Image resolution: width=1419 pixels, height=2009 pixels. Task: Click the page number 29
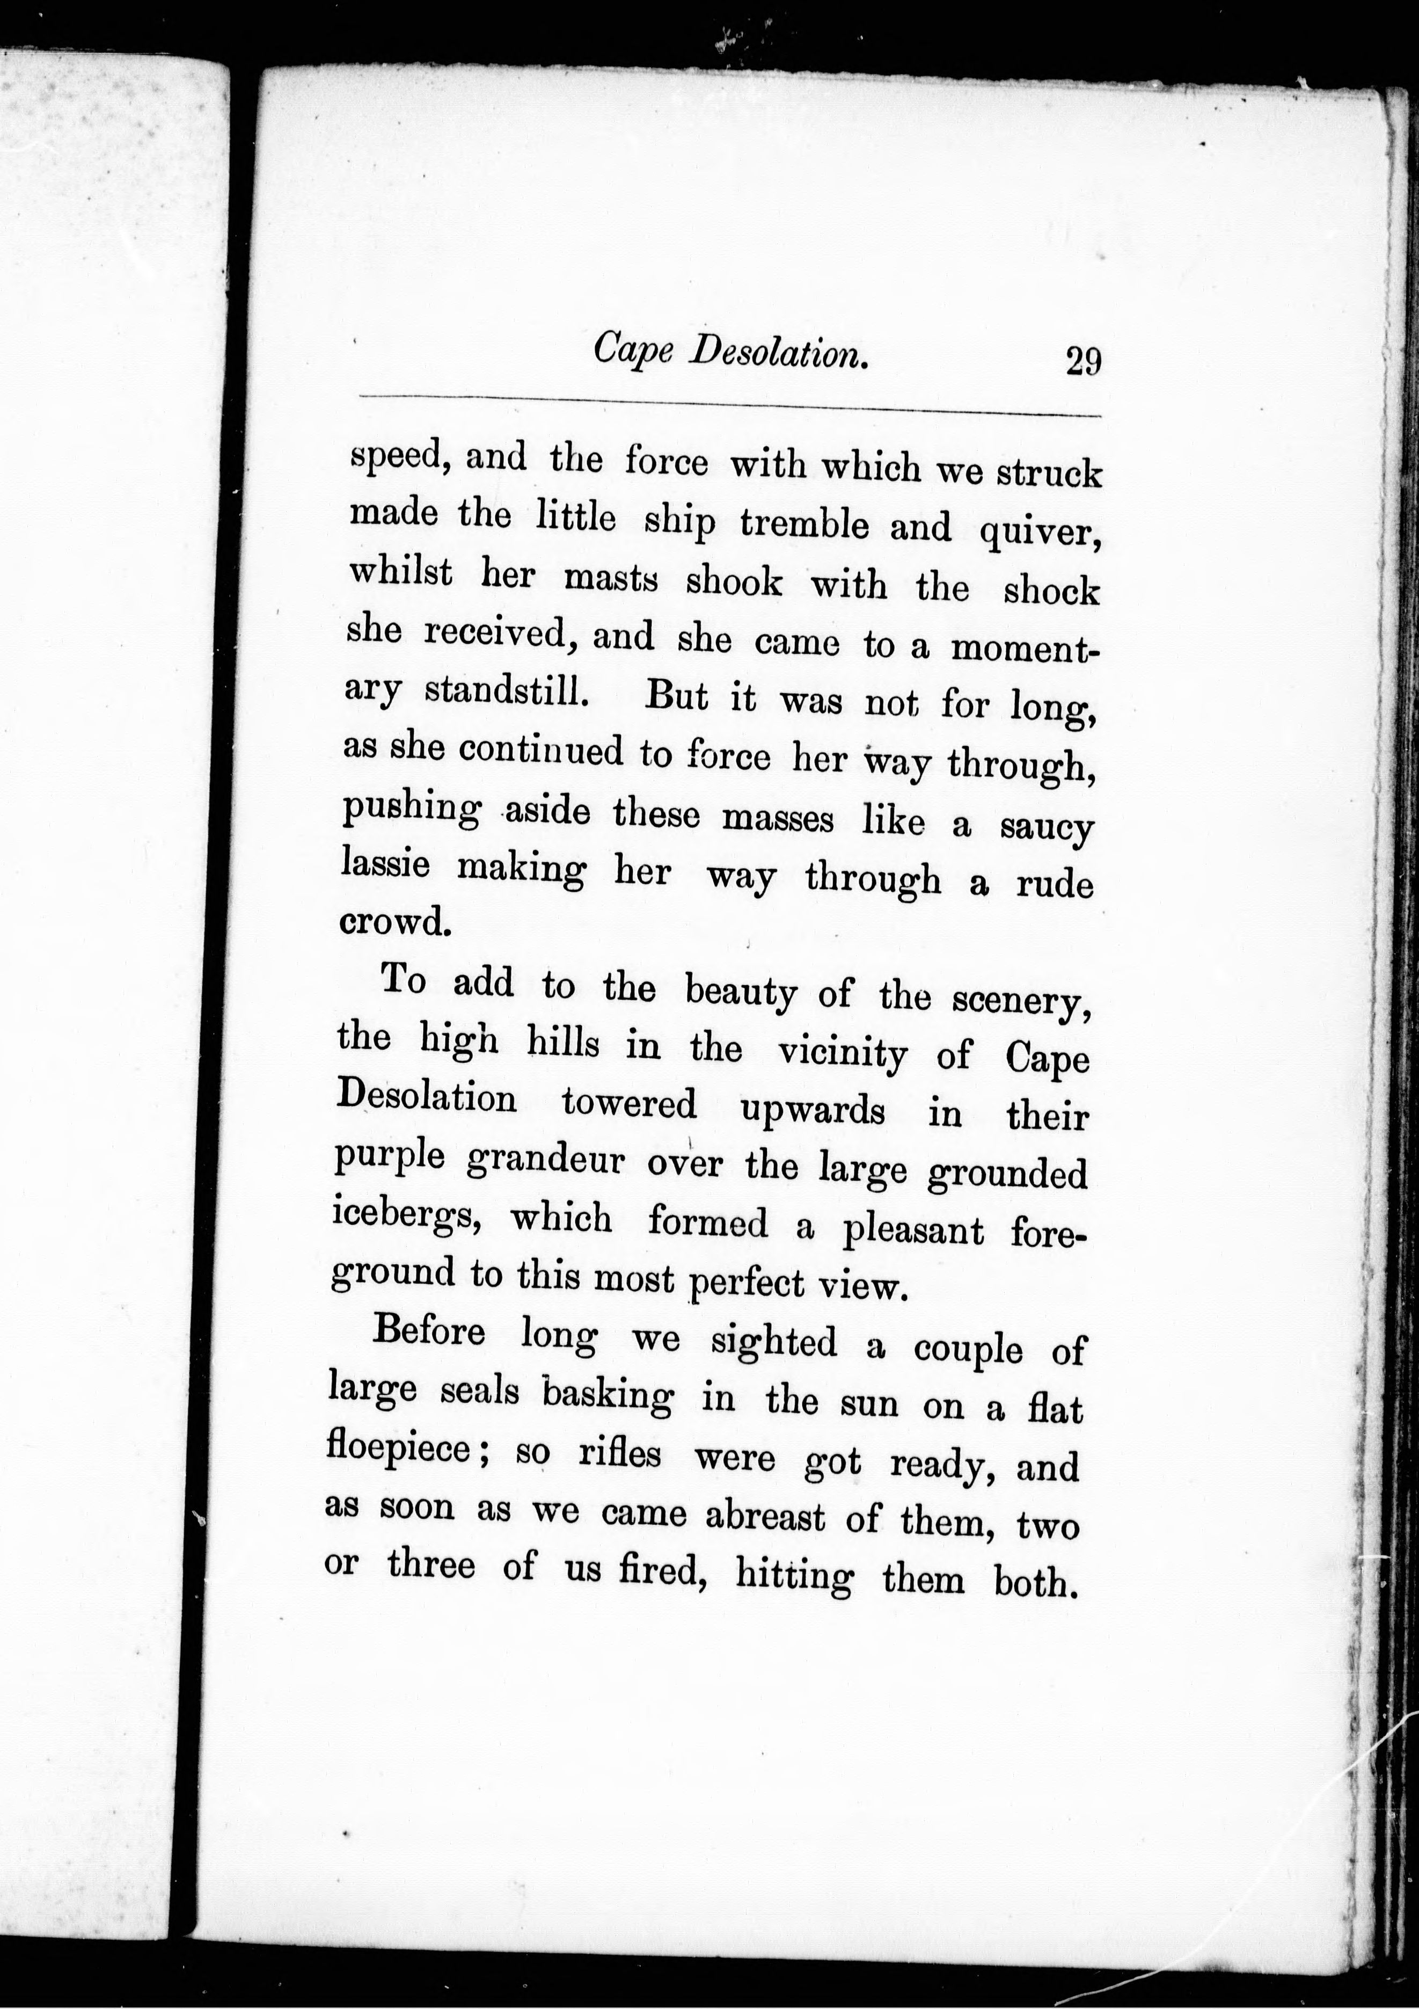tap(1082, 361)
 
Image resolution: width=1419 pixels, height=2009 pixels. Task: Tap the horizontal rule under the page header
tap(729, 405)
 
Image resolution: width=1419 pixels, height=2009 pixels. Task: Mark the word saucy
tap(1047, 828)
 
